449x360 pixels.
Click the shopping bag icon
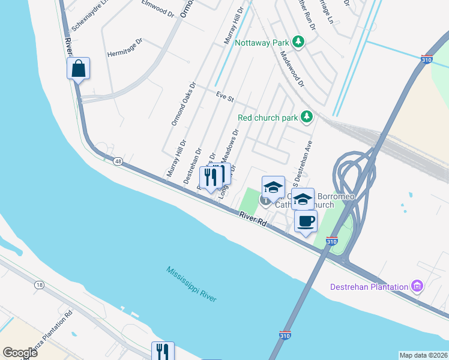[78, 68]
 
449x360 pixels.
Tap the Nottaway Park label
[262, 43]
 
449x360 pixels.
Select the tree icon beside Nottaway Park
[298, 42]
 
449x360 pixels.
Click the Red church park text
[268, 118]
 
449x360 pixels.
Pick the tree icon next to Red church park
[307, 116]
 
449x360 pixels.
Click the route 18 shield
[39, 285]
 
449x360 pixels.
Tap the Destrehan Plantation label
[369, 287]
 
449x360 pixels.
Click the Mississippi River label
[192, 284]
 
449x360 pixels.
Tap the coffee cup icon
[306, 221]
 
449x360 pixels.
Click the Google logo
[20, 353]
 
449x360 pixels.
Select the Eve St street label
[224, 97]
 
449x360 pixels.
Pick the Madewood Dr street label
[291, 71]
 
